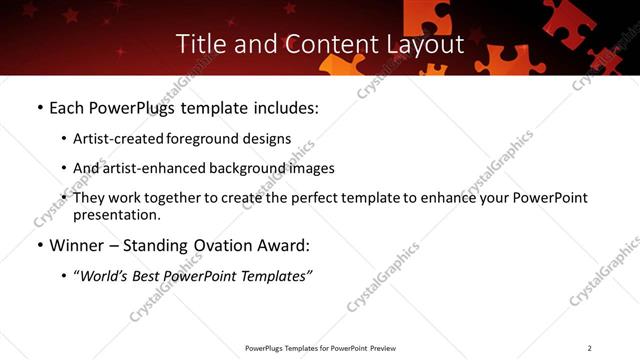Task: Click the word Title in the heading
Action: (199, 44)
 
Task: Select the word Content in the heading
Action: (319, 44)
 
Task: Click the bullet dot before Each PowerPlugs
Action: (39, 108)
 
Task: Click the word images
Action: (312, 169)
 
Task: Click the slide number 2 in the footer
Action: (590, 348)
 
